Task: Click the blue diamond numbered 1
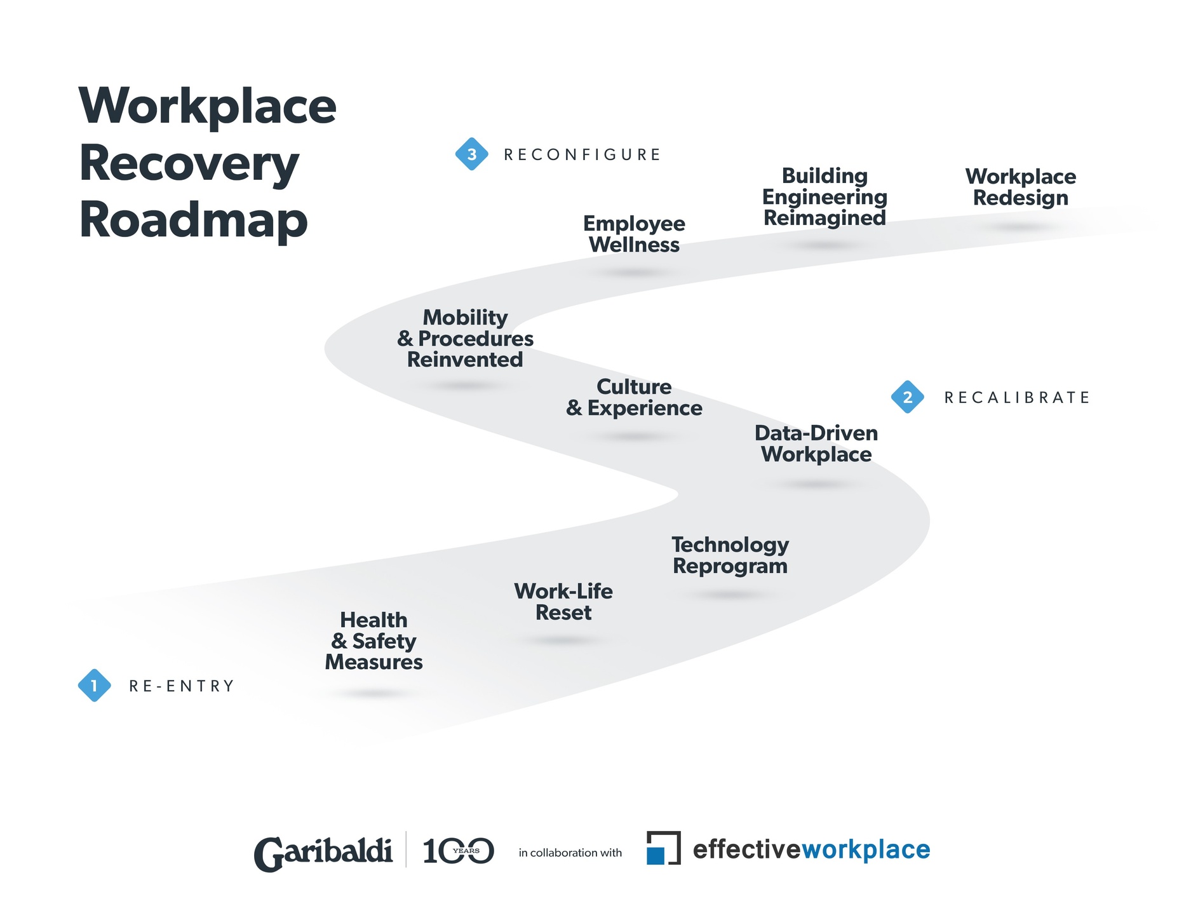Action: tap(94, 686)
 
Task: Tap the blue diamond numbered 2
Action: tap(907, 397)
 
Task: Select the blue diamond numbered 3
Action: tap(471, 154)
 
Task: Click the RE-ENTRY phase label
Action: tap(182, 686)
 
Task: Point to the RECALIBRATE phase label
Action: tap(1016, 398)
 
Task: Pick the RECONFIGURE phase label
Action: tap(582, 155)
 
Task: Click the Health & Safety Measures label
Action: tap(373, 641)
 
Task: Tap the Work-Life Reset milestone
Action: tap(563, 602)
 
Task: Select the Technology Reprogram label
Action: tap(730, 555)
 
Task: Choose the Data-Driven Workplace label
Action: tap(816, 444)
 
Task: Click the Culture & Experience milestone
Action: tap(634, 397)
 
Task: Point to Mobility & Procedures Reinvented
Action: tap(466, 339)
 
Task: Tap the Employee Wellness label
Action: tap(634, 234)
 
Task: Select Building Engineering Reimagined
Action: tap(824, 197)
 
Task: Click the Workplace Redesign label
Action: tap(1021, 187)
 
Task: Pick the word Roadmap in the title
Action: tap(193, 220)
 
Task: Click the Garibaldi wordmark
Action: tap(323, 852)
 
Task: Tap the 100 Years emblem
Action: tap(458, 851)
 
